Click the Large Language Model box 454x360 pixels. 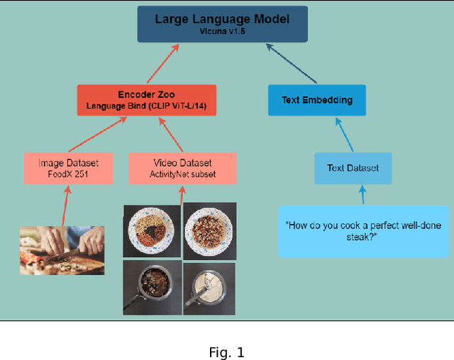tap(222, 24)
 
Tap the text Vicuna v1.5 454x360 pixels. tap(222, 32)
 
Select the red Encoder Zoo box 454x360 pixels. tap(145, 100)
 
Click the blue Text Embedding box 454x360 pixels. tap(316, 100)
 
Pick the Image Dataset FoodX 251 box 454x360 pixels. tap(68, 168)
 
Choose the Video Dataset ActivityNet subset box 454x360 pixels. tap(182, 168)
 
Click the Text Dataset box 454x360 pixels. tap(353, 168)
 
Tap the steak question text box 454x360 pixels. tap(362, 231)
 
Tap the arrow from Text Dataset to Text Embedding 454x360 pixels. tap(341, 134)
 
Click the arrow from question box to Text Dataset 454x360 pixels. tap(362, 195)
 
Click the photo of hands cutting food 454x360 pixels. tap(62, 249)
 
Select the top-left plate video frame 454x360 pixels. tap(151, 232)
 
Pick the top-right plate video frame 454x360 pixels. tap(209, 232)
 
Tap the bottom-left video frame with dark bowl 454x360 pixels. tap(151, 286)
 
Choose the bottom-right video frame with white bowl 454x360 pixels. tap(209, 286)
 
